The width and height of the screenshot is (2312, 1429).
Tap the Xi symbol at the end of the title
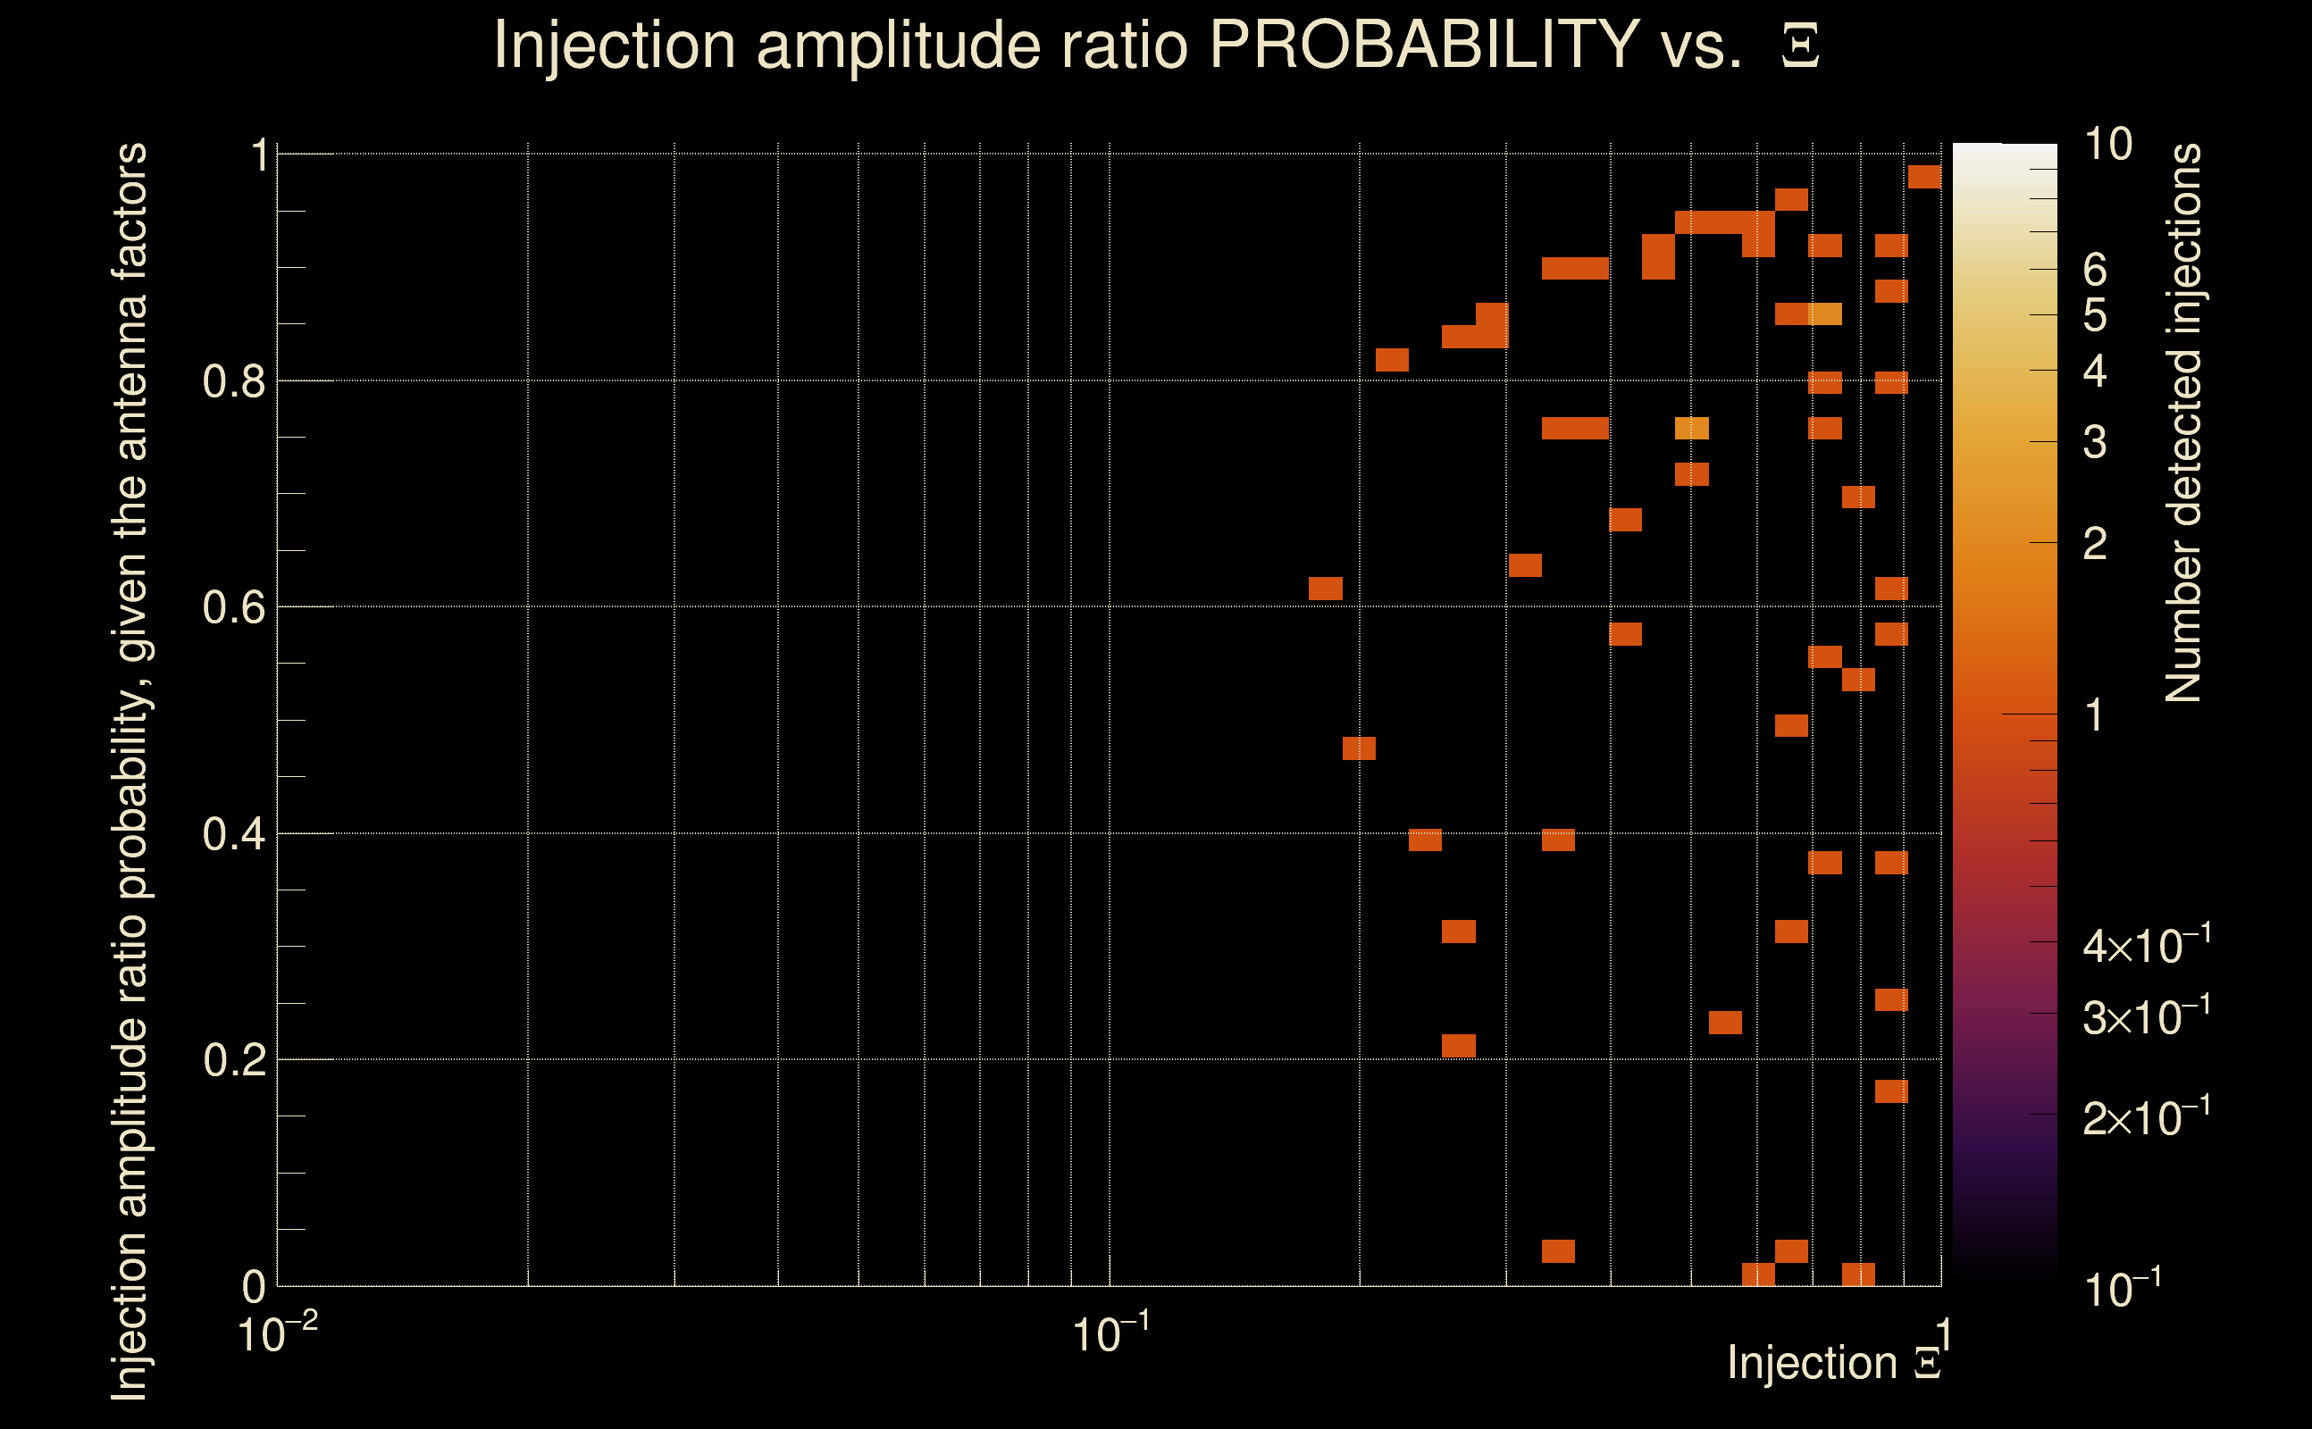1800,46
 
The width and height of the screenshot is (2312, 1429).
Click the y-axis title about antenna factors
130,771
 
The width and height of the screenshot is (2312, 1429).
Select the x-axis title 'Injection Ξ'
1833,1362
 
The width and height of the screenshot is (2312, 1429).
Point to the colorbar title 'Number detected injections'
2183,422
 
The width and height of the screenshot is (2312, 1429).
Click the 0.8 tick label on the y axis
235,382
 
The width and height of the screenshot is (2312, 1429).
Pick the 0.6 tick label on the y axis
235,607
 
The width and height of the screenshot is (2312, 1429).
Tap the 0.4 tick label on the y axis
235,834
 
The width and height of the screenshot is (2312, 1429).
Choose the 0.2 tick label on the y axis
235,1060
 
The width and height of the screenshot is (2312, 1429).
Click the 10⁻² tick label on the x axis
277,1333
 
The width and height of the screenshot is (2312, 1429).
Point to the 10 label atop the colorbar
2107,145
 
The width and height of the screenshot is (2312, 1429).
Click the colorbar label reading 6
2095,271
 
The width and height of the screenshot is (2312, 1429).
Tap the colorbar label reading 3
2095,442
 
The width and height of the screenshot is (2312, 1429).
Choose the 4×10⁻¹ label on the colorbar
2146,946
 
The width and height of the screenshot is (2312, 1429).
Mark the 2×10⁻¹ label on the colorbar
2146,1118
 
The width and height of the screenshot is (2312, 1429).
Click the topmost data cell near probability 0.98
1924,177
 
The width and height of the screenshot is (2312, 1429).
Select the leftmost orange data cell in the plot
1325,588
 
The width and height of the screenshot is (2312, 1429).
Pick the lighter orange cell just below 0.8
1692,428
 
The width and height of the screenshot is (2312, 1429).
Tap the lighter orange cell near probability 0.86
1825,313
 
